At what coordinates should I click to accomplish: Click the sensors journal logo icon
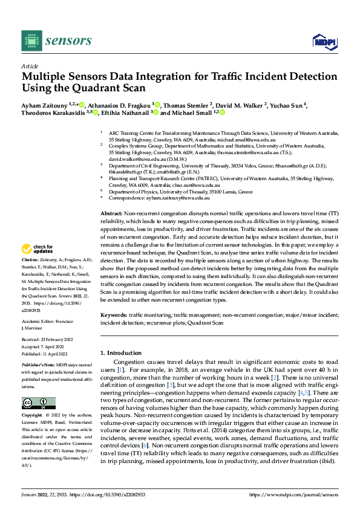(30, 41)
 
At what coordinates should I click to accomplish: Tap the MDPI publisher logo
(324, 41)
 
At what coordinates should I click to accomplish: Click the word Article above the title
(30, 66)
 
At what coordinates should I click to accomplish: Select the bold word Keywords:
(113, 315)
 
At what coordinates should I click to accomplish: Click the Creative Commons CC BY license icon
(38, 403)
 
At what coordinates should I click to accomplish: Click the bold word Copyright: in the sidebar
(32, 416)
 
